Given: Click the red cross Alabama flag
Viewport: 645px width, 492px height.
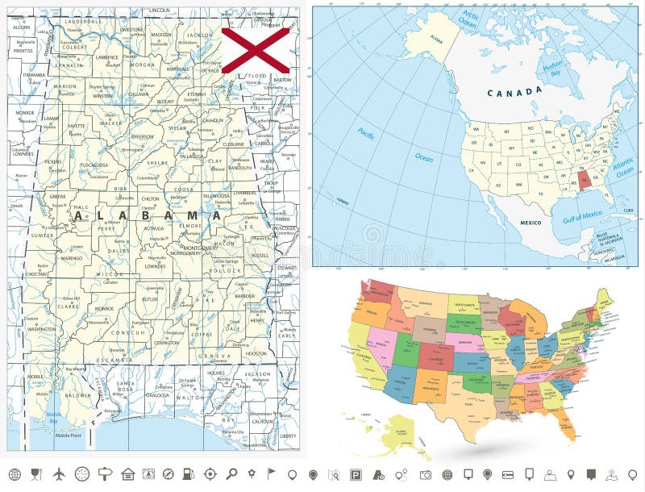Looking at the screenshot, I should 256,50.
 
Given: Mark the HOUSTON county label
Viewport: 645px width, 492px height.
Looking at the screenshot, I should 256,353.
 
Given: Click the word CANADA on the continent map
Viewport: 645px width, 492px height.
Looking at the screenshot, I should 514,92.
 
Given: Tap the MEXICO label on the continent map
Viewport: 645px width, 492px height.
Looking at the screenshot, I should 530,222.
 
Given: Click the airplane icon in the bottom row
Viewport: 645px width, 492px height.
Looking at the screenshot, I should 58,473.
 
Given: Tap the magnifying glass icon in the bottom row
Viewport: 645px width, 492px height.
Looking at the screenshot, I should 231,473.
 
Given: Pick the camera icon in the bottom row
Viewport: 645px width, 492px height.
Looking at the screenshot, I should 426,473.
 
